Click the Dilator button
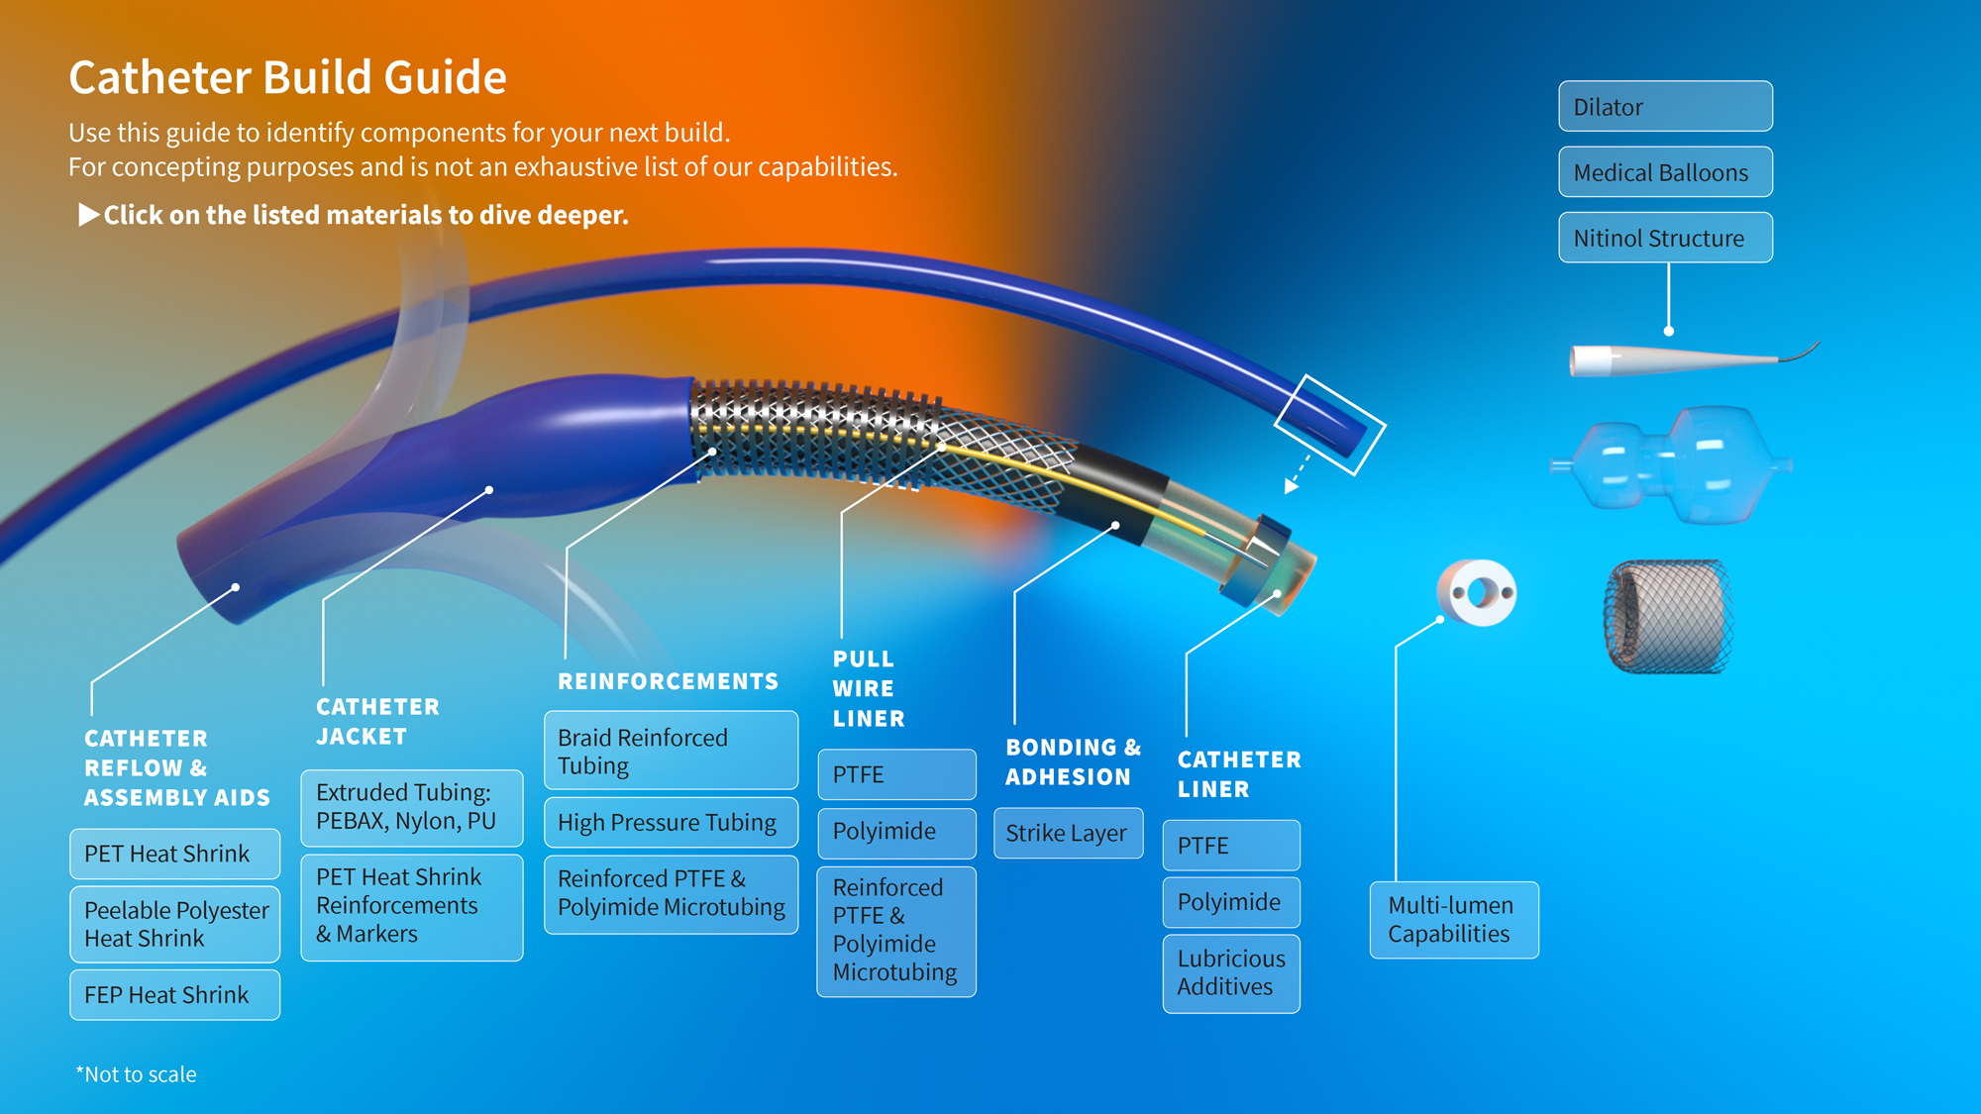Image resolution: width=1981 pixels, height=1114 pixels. [1665, 107]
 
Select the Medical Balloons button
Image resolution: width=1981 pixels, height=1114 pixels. [1665, 172]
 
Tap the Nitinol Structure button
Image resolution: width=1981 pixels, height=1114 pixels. [1665, 238]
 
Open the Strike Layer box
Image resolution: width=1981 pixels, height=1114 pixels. [1068, 833]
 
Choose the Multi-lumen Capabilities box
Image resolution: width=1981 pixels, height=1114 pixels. [1453, 919]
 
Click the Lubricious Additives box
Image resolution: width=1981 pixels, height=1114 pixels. [1231, 972]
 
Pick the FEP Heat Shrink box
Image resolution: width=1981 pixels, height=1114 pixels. [174, 994]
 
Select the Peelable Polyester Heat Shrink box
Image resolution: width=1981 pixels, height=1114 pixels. [174, 924]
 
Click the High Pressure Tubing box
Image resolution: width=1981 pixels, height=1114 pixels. [671, 822]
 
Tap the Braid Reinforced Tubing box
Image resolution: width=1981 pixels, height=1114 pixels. [671, 751]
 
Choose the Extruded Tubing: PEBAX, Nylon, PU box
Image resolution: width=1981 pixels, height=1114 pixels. [411, 807]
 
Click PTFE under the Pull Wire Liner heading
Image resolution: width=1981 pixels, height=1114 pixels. [896, 774]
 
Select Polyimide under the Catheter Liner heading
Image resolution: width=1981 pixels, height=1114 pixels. [1231, 902]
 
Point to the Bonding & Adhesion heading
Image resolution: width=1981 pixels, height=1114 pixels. [1073, 761]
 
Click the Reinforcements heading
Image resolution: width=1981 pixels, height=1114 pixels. [668, 681]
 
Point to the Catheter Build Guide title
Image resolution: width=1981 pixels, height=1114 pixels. [287, 77]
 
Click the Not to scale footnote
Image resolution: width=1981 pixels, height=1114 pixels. [137, 1074]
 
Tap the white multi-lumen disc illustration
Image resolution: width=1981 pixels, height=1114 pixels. [1477, 592]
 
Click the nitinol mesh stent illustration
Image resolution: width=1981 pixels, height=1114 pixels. [1669, 616]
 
